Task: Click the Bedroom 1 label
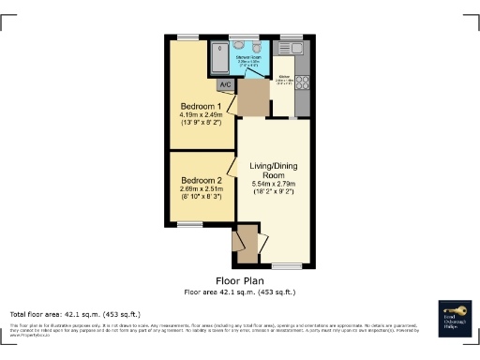click(x=202, y=106)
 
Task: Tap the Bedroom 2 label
click(x=202, y=180)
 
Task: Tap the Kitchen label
click(x=285, y=77)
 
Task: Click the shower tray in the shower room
click(x=217, y=59)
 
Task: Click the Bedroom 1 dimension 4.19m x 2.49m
click(x=202, y=115)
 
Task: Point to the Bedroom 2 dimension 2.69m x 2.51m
click(x=202, y=189)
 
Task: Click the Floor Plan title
click(x=239, y=280)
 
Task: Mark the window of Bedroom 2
click(x=190, y=224)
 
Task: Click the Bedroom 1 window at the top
click(x=190, y=37)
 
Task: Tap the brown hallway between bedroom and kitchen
click(x=251, y=98)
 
